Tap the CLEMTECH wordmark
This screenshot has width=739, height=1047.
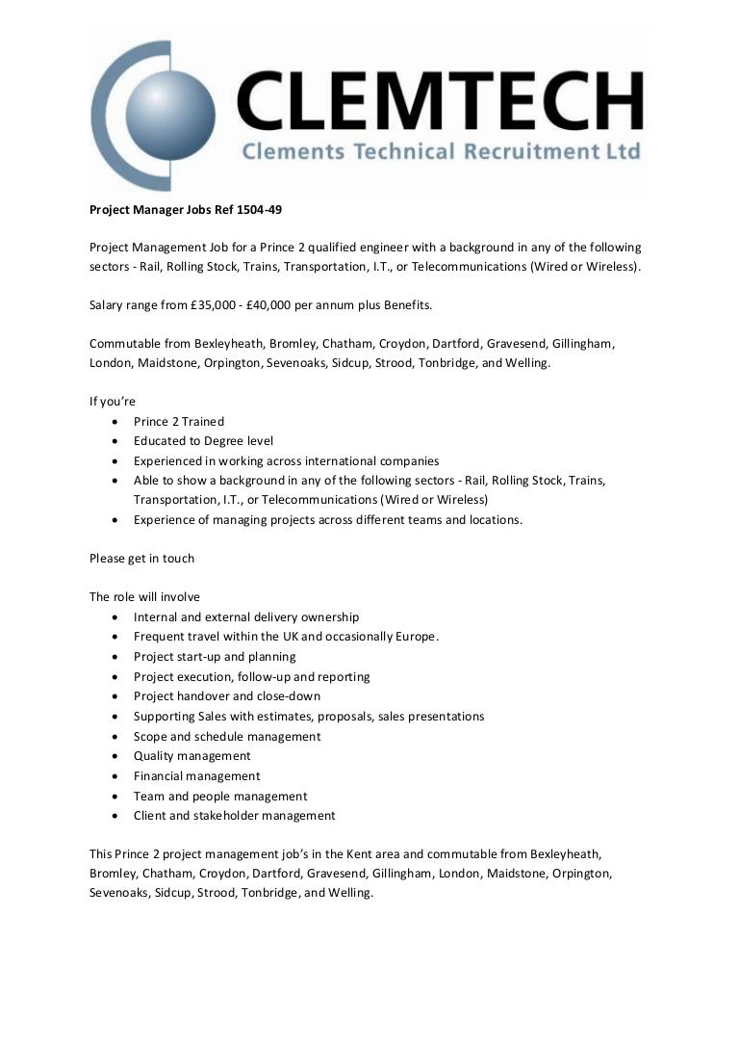(442, 103)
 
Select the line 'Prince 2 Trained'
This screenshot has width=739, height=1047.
(179, 421)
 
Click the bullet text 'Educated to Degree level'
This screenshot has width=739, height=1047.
(203, 441)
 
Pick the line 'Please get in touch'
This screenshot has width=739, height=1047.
(141, 558)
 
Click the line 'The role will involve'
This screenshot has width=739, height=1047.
(144, 597)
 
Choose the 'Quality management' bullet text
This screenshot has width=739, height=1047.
(191, 756)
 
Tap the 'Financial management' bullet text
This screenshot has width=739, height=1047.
(196, 776)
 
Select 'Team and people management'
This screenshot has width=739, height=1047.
(220, 797)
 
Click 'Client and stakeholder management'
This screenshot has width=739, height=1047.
(234, 816)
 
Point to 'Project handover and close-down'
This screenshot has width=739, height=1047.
(227, 696)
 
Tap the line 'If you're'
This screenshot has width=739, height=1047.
(113, 402)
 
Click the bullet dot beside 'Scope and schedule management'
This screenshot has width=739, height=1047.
(116, 737)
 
